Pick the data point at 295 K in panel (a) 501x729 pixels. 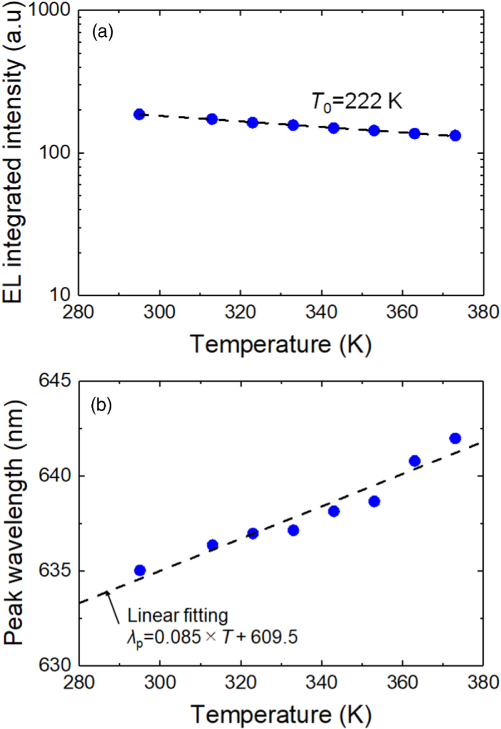tap(139, 114)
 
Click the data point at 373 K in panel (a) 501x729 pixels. tap(455, 135)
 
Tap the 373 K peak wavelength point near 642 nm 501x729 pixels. tap(455, 438)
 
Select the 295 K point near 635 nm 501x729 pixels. tap(140, 570)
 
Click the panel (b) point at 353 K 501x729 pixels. tap(374, 501)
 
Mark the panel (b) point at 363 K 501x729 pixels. tap(415, 461)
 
